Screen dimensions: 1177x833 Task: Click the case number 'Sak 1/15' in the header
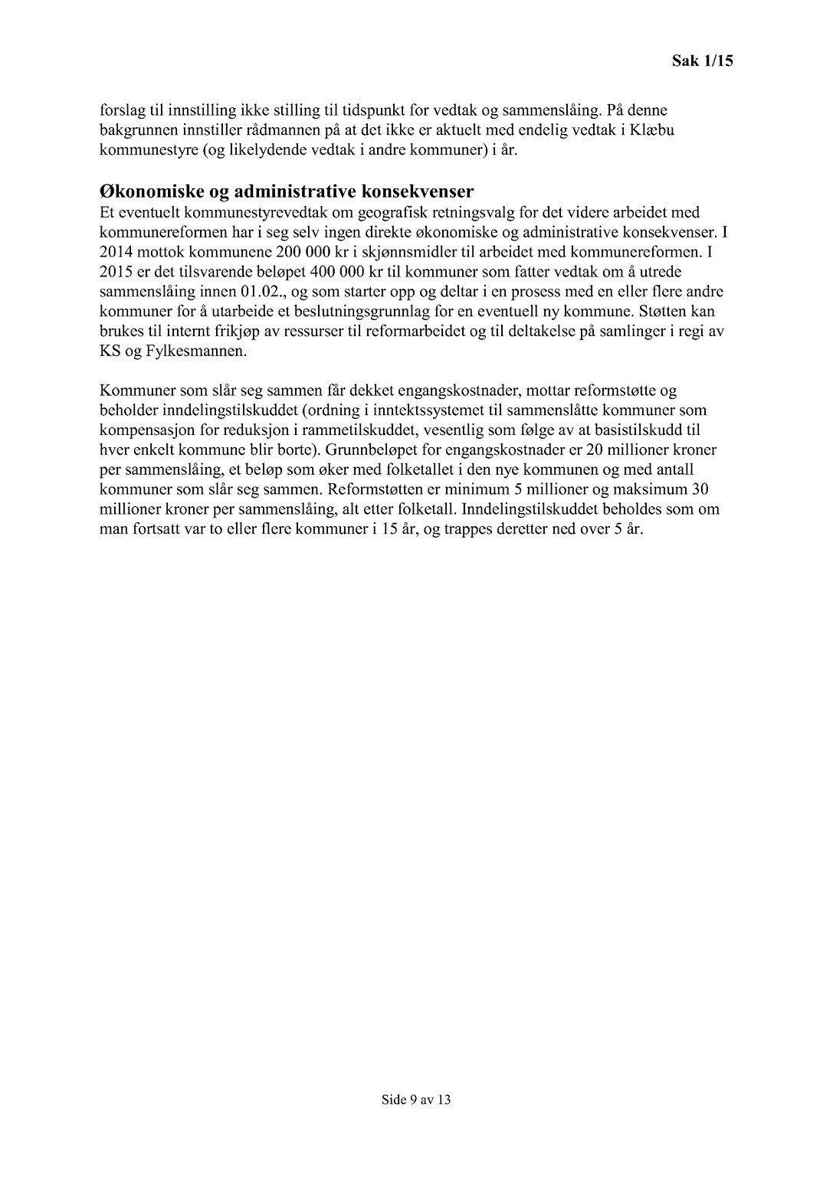[x=702, y=60]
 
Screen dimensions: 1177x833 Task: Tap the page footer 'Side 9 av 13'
[x=416, y=1100]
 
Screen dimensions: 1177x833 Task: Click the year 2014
[x=116, y=251]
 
